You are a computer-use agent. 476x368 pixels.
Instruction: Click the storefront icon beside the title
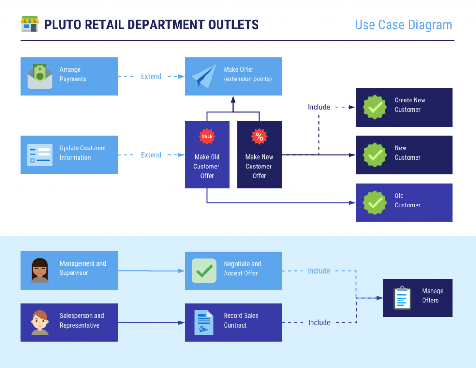(30, 24)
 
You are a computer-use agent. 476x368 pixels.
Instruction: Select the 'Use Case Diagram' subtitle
(403, 25)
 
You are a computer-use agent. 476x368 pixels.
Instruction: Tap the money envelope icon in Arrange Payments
(40, 77)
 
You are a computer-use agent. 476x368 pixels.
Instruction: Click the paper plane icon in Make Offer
(204, 76)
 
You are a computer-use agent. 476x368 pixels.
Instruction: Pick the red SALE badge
(207, 136)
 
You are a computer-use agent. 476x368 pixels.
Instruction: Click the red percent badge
(259, 136)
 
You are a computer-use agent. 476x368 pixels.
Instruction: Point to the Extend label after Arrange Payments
(151, 76)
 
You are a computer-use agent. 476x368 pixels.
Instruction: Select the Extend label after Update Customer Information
(151, 155)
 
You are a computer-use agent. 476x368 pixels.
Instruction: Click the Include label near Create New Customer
(319, 107)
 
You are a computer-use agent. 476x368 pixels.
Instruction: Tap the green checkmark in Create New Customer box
(375, 107)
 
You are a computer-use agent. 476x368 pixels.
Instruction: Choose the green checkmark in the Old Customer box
(375, 202)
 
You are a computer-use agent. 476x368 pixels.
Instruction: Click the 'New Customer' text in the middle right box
(407, 153)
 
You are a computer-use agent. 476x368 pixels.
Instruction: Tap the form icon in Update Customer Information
(40, 155)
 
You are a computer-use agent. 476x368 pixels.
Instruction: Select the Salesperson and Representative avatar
(40, 322)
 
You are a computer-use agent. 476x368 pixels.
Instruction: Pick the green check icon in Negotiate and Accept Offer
(204, 271)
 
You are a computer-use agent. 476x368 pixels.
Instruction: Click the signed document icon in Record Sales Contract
(204, 322)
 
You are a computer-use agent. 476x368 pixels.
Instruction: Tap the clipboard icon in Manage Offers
(402, 298)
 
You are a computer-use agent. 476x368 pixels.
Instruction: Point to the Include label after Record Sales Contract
(319, 322)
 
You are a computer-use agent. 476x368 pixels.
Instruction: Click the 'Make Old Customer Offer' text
(207, 167)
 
